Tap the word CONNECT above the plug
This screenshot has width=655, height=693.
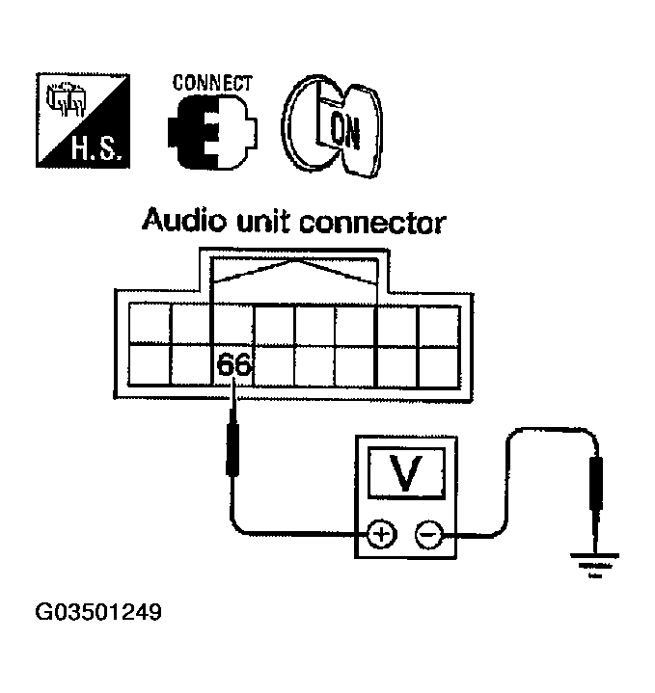coord(211,82)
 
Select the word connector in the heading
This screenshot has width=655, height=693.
coord(372,224)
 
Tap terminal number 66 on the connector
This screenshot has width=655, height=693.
coord(232,365)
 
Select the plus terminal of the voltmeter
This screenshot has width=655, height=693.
coord(382,534)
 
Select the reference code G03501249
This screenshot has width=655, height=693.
coord(97,613)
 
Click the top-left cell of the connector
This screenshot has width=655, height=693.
coord(150,323)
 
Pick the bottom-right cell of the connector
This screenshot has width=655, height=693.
coord(440,364)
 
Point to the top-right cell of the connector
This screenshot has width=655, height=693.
coord(440,323)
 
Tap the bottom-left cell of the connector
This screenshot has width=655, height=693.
coord(150,364)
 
